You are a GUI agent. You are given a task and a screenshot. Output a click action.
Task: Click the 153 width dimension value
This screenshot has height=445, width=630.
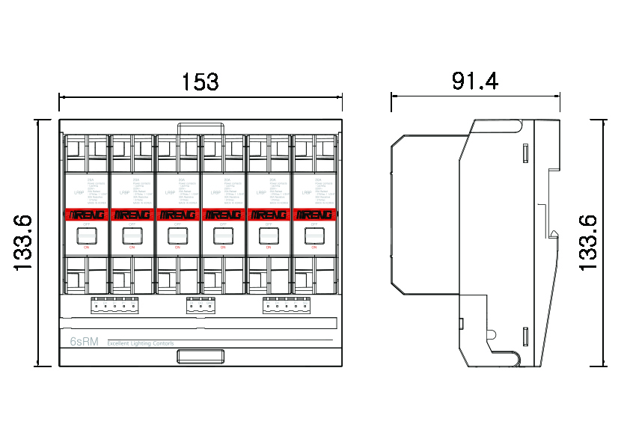click(x=200, y=82)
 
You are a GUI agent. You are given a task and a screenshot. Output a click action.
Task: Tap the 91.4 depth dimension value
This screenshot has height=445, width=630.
click(x=474, y=81)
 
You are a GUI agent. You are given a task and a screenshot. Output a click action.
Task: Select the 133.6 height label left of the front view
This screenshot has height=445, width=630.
click(x=22, y=242)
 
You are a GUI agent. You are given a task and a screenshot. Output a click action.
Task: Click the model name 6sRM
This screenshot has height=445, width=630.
click(x=84, y=343)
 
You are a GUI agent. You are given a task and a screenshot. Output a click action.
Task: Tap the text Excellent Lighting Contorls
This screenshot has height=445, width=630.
click(x=141, y=343)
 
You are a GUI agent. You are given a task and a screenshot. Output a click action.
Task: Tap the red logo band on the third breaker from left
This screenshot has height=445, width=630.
click(x=177, y=215)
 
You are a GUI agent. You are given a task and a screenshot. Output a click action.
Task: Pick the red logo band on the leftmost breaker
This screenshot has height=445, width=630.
click(x=86, y=215)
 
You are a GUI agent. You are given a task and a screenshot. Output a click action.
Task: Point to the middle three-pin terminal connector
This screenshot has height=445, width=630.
click(x=200, y=304)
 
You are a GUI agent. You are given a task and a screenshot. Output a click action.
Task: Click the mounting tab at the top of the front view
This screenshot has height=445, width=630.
click(x=201, y=127)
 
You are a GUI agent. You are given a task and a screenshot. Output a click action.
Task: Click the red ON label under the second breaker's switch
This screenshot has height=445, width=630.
click(x=132, y=247)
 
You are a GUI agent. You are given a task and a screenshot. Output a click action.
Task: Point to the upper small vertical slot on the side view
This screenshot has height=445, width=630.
click(x=525, y=154)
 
